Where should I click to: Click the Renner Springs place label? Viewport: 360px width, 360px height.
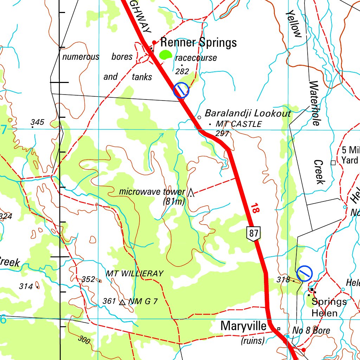(x=198, y=43)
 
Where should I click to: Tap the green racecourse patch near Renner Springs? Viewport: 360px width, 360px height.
(x=165, y=55)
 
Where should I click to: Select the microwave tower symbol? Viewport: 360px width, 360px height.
(x=191, y=192)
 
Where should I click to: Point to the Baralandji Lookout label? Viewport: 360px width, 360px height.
(x=248, y=113)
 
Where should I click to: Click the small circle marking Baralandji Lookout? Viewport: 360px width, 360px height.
(x=199, y=117)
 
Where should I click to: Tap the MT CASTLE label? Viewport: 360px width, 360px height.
(x=239, y=124)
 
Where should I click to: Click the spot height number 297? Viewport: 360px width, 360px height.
(x=222, y=134)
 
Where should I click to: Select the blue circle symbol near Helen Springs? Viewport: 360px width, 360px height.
(x=304, y=273)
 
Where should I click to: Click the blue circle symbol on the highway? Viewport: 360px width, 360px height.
(x=181, y=90)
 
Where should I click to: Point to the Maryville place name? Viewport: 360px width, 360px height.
(x=243, y=326)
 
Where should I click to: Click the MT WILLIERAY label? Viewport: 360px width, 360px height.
(x=135, y=274)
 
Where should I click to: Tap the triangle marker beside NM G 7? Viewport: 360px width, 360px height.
(x=122, y=302)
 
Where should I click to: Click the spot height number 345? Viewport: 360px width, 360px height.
(x=37, y=122)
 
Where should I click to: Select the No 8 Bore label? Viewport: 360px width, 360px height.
(x=311, y=330)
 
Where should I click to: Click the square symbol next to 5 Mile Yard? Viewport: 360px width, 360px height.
(x=333, y=162)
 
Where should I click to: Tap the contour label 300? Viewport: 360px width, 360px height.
(x=84, y=340)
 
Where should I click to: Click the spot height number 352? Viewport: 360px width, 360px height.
(x=88, y=279)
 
